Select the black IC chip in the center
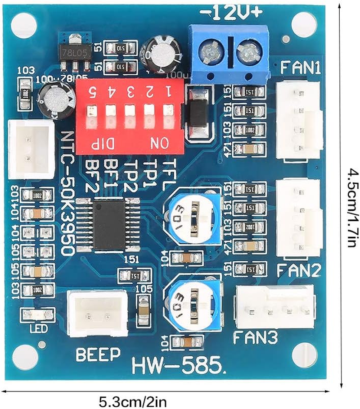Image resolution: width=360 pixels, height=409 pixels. point(109,224)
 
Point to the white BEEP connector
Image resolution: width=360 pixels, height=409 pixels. point(97,314)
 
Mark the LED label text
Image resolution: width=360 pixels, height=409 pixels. point(38,328)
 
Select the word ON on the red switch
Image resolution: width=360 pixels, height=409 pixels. point(159,144)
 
